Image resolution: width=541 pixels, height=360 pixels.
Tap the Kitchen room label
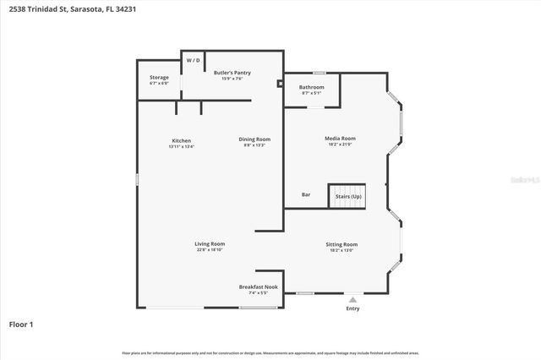click(181, 140)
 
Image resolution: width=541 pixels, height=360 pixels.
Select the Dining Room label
click(254, 139)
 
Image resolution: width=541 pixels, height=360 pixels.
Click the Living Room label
click(210, 243)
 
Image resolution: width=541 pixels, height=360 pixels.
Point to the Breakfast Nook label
click(258, 286)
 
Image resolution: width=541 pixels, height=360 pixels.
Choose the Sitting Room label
click(342, 244)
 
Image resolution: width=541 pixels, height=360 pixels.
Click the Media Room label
click(340, 138)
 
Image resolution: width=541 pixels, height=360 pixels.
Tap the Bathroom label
click(311, 87)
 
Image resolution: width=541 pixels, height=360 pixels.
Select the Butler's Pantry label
click(232, 74)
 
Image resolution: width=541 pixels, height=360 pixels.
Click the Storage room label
click(159, 78)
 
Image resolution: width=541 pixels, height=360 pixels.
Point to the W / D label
click(193, 61)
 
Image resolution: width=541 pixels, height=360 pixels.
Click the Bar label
click(306, 195)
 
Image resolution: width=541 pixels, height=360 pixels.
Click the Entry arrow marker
click(352, 299)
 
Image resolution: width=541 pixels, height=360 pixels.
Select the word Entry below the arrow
click(352, 308)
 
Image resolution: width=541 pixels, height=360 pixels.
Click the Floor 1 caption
click(21, 324)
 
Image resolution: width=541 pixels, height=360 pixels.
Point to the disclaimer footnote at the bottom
click(270, 352)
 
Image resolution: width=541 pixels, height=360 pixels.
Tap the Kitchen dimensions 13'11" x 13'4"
click(181, 146)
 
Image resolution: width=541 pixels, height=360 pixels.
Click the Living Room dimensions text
click(210, 250)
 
